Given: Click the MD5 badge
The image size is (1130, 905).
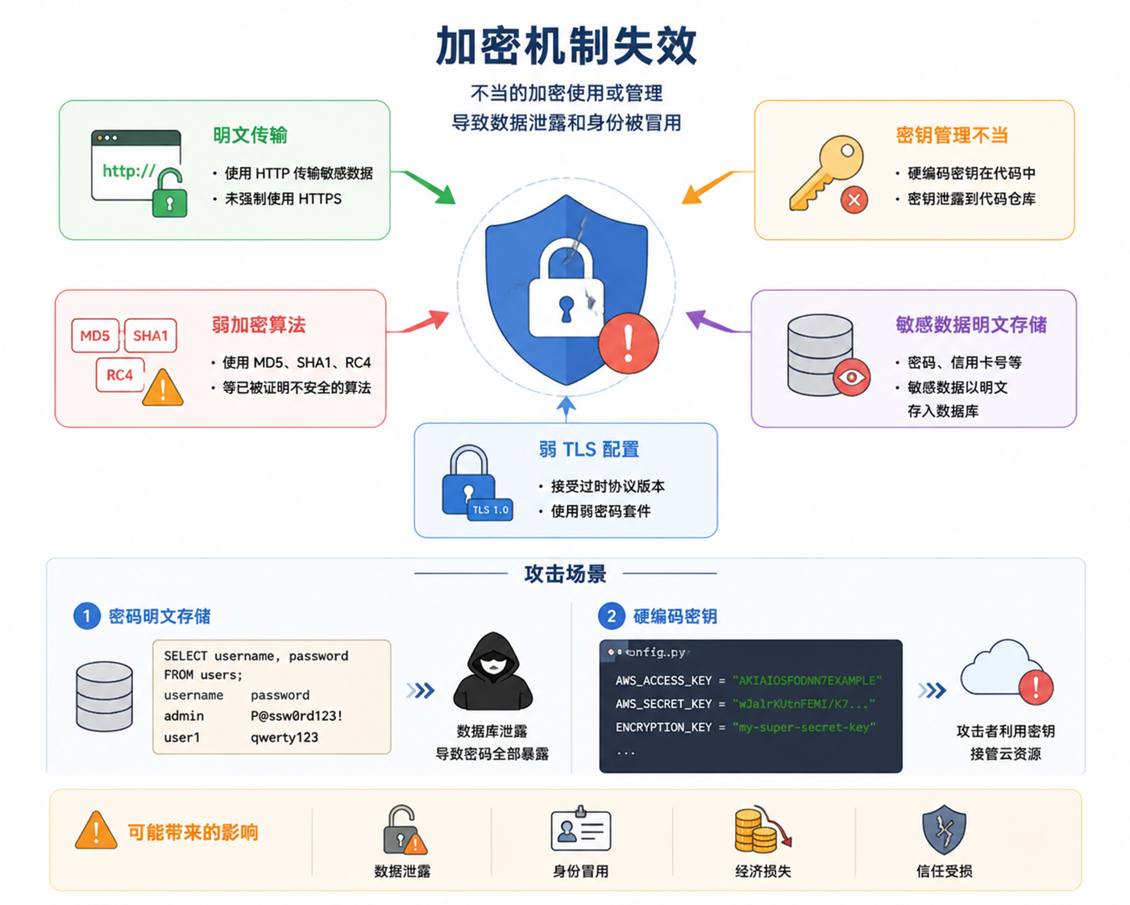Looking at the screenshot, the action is coord(95,336).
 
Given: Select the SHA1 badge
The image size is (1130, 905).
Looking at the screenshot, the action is coord(151,336).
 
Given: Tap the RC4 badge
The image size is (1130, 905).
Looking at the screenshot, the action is coord(120,375).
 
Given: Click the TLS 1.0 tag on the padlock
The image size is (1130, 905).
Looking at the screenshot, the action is coord(490,509).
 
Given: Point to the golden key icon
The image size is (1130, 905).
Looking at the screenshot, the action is coord(826,173).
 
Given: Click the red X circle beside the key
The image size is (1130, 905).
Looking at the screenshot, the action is coord(854,200).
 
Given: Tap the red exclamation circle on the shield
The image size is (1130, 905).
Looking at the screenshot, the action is coord(629,343).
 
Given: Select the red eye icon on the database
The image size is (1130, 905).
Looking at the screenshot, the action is coord(852,377).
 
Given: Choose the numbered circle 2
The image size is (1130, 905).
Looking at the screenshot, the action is coord(611,616).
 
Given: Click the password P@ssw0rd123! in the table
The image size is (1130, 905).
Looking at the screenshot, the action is coord(297,715).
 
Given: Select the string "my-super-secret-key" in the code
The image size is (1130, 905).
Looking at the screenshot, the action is coord(804,728).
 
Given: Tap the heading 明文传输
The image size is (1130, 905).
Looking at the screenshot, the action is coord(250,135).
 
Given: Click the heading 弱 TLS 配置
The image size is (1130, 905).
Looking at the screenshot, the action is coord(588,449).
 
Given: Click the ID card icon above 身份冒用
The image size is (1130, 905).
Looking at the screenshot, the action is coord(581,828).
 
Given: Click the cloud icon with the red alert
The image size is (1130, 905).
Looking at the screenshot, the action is coord(1007,672).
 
